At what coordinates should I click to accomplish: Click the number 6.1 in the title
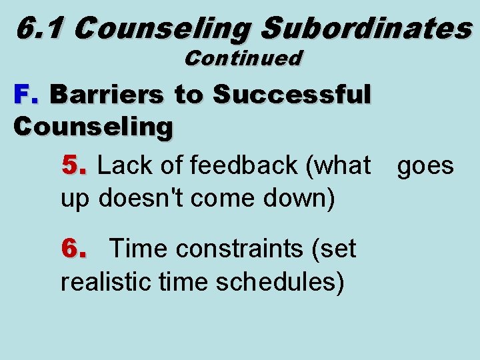(41, 28)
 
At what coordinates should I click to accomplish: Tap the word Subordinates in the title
(366, 28)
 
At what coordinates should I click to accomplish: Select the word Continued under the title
(243, 59)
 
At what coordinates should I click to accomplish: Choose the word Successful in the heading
(291, 95)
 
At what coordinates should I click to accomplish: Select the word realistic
(107, 282)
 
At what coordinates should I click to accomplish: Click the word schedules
(279, 282)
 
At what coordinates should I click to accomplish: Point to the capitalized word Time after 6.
(138, 249)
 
